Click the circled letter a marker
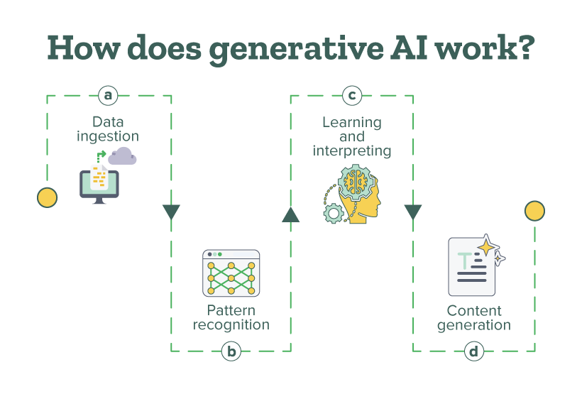pos(108,94)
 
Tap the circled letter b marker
pos(231,351)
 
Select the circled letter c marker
pos(351,94)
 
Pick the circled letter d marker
pos(474,351)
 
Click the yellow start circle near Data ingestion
pos(47,198)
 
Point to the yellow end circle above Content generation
pos(534,211)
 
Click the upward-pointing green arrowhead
pos(290,214)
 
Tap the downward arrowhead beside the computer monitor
pos(171,212)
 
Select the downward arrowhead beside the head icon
pos(413,212)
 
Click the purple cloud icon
pos(122,157)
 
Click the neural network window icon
pos(231,273)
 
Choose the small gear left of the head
pos(332,212)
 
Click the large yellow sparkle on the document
pos(487,246)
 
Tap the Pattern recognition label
pos(231,317)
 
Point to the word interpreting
pos(352,151)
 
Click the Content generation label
pos(474,318)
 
